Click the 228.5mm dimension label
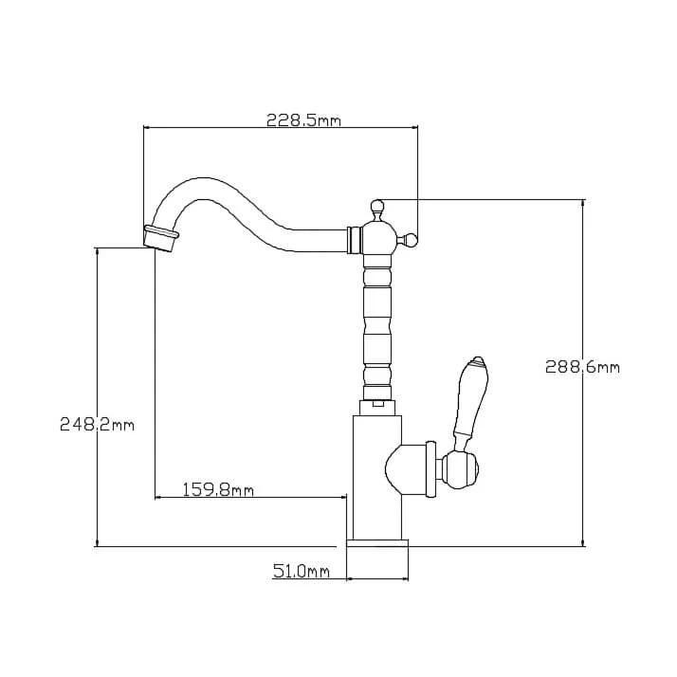pyautogui.click(x=303, y=120)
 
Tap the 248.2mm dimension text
pyautogui.click(x=97, y=425)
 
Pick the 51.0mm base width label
pyautogui.click(x=301, y=571)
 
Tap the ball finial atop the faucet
pyautogui.click(x=376, y=205)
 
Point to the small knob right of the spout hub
pyautogui.click(x=412, y=239)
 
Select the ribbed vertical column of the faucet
pyautogui.click(x=377, y=322)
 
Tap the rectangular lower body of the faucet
pyautogui.click(x=376, y=474)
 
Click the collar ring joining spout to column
pyautogui.click(x=355, y=240)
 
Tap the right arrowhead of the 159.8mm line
pyautogui.click(x=342, y=496)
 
